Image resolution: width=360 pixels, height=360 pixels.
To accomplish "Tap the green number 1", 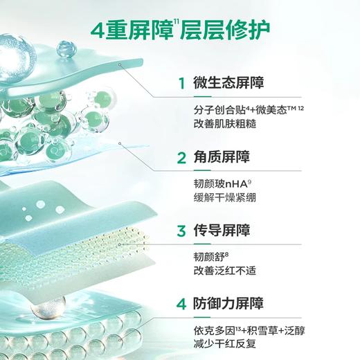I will tap(182, 84).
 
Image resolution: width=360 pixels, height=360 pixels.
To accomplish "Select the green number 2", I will tap(182, 159).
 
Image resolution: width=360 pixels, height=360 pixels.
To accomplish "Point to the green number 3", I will tap(182, 232).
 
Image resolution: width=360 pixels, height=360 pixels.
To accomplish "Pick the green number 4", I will tap(182, 304).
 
